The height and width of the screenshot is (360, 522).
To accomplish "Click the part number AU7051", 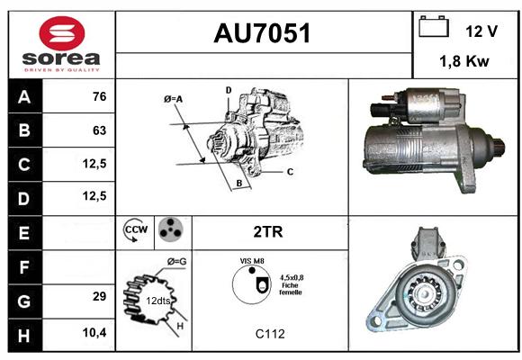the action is point(262,33).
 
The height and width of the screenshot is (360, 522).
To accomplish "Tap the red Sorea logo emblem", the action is point(62,33).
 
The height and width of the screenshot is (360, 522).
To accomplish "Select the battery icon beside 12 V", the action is point(434,26).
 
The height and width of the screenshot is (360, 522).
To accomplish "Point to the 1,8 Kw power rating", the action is point(464,61).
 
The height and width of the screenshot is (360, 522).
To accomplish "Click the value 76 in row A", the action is point(100,96).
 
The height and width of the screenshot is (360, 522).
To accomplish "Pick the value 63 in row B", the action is point(100,130).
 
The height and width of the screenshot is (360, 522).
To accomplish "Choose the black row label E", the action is point(24,233).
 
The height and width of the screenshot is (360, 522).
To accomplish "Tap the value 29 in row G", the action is point(100,296).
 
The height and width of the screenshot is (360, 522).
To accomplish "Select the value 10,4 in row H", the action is point(94,332).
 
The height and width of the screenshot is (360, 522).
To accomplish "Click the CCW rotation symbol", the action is point(136,229).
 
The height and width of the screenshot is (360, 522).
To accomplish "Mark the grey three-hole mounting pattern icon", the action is point(170,229).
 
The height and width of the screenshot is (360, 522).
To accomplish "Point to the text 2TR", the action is point(268,232).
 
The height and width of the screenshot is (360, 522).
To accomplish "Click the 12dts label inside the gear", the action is point(158,301).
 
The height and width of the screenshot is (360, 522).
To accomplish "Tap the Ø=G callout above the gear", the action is point(176,262).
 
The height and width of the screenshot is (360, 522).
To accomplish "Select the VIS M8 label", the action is point(252,261).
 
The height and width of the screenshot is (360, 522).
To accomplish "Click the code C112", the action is point(270,334).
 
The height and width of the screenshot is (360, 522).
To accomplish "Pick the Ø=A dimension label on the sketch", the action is point(173,99).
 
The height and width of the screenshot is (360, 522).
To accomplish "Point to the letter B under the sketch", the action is point(239,184).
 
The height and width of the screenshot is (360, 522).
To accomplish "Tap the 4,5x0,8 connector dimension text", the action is point(292,277).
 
